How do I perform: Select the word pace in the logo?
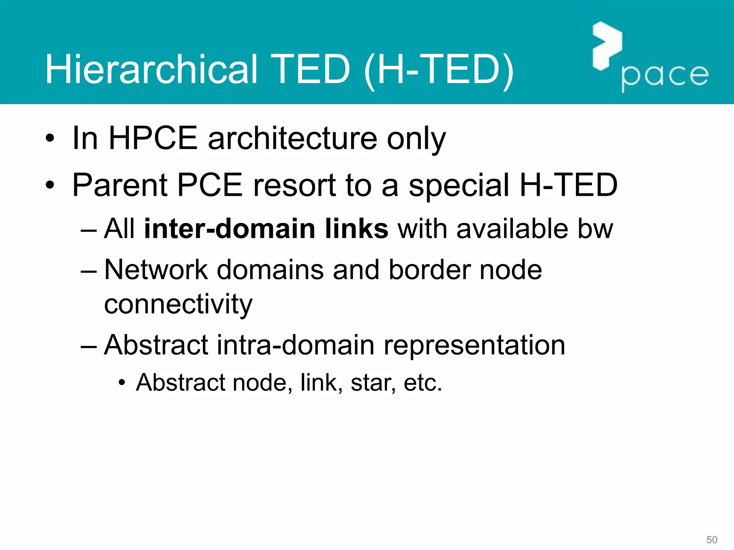click(665, 76)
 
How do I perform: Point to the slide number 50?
click(711, 540)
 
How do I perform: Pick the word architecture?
click(292, 139)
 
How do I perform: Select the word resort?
click(294, 185)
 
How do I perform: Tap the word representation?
click(474, 345)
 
